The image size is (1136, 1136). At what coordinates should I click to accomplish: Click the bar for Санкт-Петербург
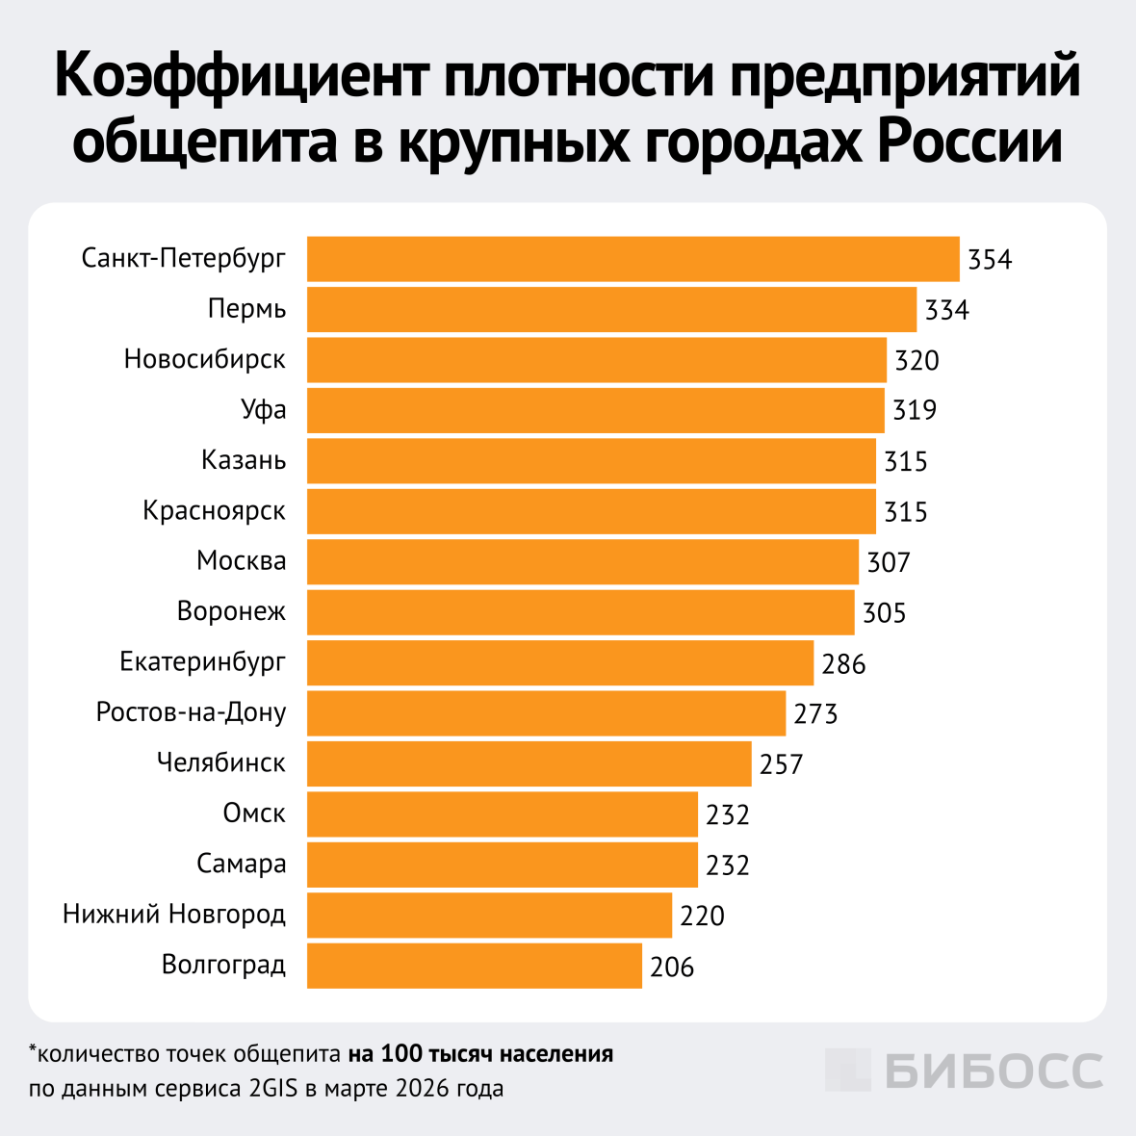633,259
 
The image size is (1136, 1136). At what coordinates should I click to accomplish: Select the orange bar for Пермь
611,309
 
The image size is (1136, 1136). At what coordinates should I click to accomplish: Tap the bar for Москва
582,561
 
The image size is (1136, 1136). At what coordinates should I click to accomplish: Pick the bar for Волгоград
474,965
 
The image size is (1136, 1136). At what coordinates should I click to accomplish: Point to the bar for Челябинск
529,763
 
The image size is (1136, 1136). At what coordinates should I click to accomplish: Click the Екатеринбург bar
560,662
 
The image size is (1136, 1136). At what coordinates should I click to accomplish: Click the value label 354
990,260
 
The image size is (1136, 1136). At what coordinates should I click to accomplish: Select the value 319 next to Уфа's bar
914,411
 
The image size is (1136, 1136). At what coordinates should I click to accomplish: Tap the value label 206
672,967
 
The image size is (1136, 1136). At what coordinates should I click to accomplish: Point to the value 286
843,664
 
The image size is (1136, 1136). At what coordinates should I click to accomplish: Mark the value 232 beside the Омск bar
727,815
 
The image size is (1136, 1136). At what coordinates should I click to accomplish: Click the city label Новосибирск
205,360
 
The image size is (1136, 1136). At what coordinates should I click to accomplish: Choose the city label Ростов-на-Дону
192,712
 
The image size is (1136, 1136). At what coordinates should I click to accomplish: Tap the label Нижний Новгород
174,914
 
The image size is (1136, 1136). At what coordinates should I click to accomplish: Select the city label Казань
244,460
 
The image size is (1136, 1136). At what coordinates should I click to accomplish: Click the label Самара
242,864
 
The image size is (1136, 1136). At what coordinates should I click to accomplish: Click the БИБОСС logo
964,1071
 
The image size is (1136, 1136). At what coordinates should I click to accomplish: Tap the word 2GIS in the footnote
274,1090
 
